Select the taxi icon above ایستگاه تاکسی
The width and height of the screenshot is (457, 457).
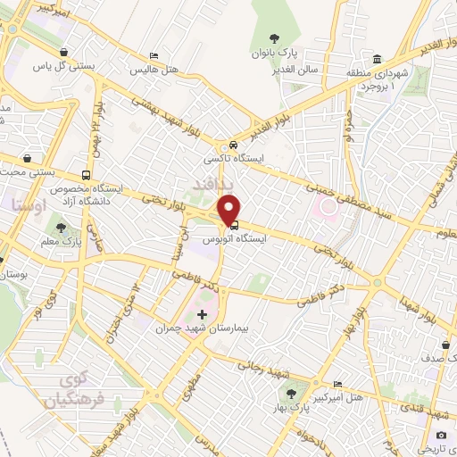pos(232,145)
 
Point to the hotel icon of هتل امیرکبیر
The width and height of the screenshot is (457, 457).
pos(336,383)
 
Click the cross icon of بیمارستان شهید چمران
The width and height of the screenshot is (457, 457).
pos(202,314)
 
